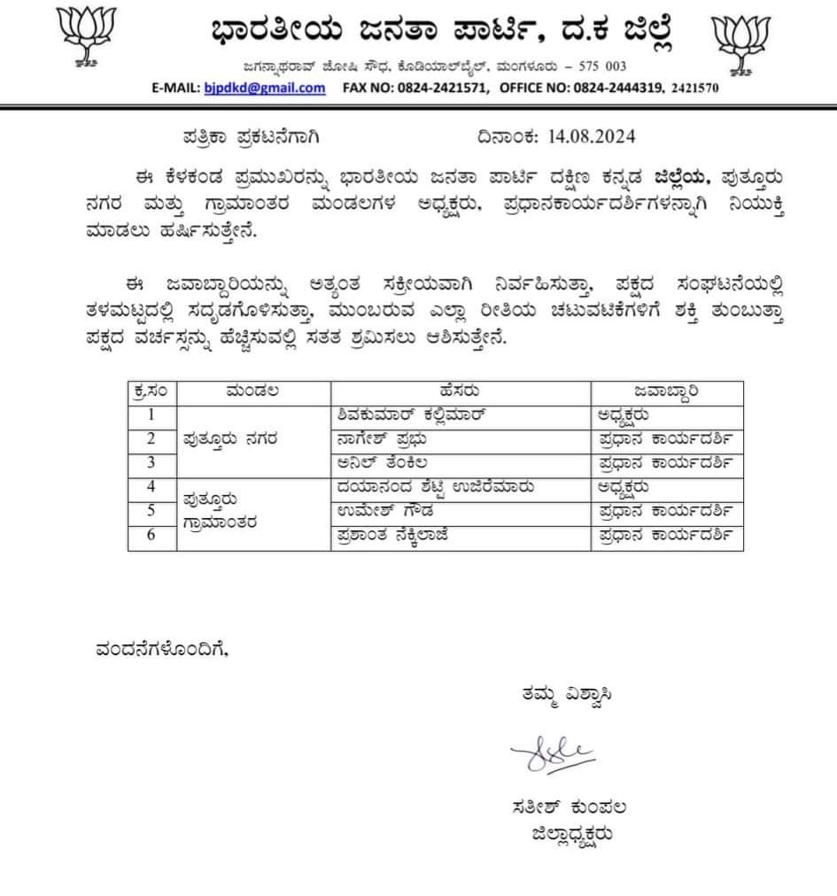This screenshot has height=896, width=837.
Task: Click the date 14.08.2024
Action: pyautogui.click(x=591, y=137)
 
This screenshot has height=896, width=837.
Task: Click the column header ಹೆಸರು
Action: pyautogui.click(x=461, y=390)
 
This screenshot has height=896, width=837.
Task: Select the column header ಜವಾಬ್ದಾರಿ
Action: pyautogui.click(x=666, y=390)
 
